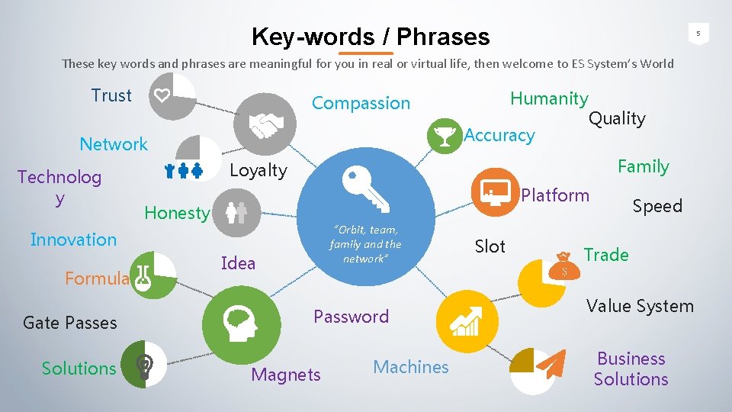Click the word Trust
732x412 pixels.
coord(111,95)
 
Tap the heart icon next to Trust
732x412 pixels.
coord(162,95)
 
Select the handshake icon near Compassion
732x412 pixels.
coord(268,124)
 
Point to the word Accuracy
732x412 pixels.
coord(499,135)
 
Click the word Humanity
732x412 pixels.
coord(549,98)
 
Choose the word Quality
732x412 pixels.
coord(617,118)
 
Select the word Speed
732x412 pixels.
coord(657,206)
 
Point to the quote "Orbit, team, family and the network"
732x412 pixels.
coord(365,244)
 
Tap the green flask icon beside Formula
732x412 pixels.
coord(143,280)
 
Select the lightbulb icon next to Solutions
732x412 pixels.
coord(143,369)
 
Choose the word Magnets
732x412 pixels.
coord(286,375)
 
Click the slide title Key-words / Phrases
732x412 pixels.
coord(371,37)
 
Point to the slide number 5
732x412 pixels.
coord(696,33)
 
